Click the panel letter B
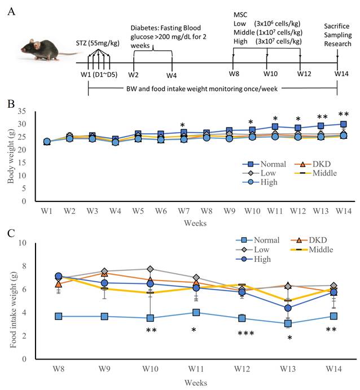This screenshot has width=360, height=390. click(11, 104)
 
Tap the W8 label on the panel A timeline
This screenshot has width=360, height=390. click(234, 73)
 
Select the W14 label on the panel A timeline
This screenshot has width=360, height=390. click(341, 73)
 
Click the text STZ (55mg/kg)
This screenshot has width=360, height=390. click(98, 43)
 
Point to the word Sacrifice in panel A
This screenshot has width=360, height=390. click(337, 26)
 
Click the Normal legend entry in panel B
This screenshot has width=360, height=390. click(264, 164)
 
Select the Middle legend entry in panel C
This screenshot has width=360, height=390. click(312, 249)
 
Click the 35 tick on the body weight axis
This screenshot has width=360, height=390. click(22, 111)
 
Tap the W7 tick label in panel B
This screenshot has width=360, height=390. click(184, 211)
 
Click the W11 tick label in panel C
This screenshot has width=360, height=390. click(196, 369)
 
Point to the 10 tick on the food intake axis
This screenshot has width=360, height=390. click(23, 243)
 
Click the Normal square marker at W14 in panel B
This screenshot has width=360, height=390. click(343, 124)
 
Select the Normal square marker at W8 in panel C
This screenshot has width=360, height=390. click(59, 317)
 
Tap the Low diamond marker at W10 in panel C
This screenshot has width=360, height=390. click(150, 269)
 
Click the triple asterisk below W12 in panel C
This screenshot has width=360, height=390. click(246, 333)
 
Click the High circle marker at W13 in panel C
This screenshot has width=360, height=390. click(288, 308)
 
